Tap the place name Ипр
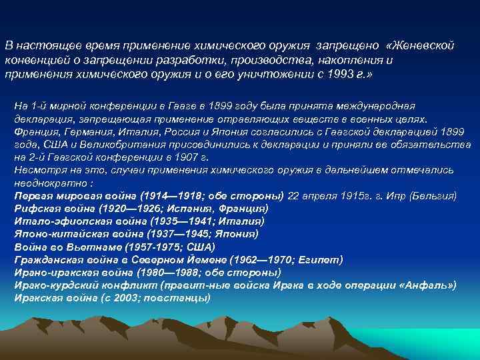tap(395, 195)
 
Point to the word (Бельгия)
tap(433, 195)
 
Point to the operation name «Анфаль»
tap(426, 285)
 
